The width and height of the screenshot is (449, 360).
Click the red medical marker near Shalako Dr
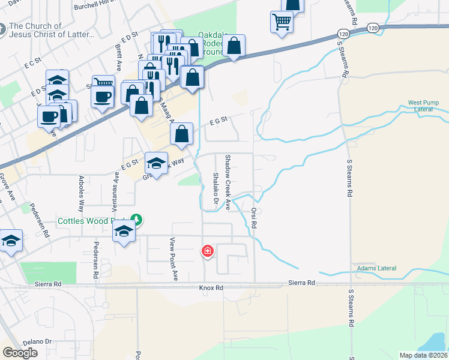coord(208,250)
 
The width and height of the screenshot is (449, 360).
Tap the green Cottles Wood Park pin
coord(137,220)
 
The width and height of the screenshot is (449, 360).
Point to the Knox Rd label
coord(211,288)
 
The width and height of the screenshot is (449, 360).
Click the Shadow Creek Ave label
coord(228,182)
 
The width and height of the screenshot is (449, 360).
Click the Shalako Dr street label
coord(214,188)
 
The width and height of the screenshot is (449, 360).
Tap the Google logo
coord(20,353)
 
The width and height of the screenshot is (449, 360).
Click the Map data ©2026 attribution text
coord(423,355)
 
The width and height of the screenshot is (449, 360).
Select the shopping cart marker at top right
coord(282,22)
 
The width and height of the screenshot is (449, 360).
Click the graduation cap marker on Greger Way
coord(156,164)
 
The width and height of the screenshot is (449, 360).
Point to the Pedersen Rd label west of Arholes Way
coord(44,223)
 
